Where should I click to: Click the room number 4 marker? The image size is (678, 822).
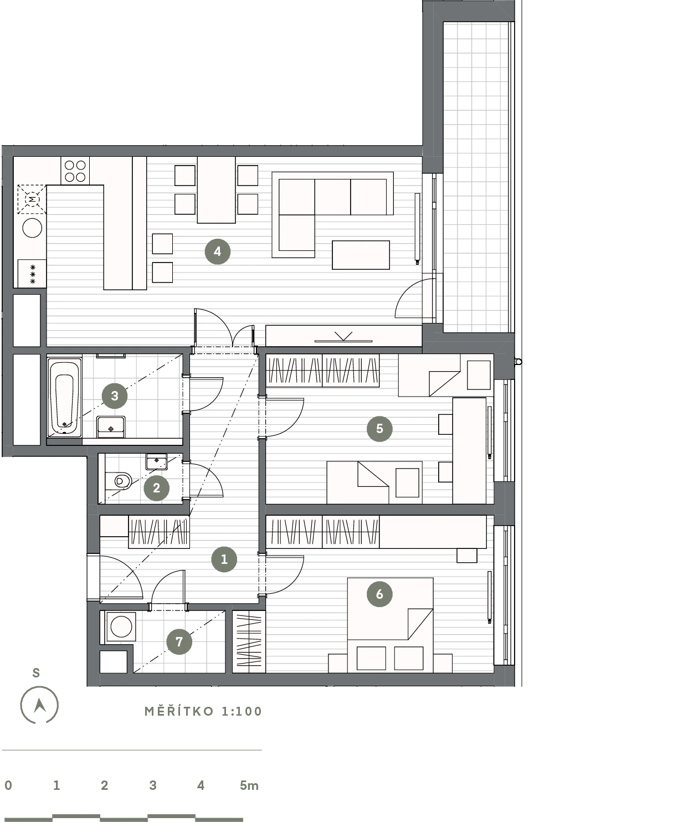tap(217, 251)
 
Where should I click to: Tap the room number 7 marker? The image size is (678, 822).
tap(179, 641)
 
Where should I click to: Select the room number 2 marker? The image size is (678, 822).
tap(156, 488)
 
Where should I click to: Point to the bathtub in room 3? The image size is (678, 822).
tap(65, 397)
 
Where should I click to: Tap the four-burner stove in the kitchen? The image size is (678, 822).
tap(75, 171)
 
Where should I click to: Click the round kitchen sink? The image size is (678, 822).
tap(32, 228)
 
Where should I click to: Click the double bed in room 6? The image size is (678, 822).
tap(390, 625)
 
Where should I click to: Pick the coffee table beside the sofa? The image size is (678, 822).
tap(361, 255)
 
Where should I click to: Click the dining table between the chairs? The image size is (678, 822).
tap(216, 190)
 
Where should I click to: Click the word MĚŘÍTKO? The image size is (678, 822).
tap(179, 711)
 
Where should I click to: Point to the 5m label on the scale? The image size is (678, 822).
tap(249, 785)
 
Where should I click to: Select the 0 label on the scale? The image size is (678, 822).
tap(8, 785)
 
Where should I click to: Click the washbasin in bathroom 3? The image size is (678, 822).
tap(111, 427)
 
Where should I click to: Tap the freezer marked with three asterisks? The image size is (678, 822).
tap(32, 274)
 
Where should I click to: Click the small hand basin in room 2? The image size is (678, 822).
tap(156, 462)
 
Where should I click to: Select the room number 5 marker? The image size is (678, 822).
tap(379, 428)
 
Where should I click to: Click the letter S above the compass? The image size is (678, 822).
tap(36, 673)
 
